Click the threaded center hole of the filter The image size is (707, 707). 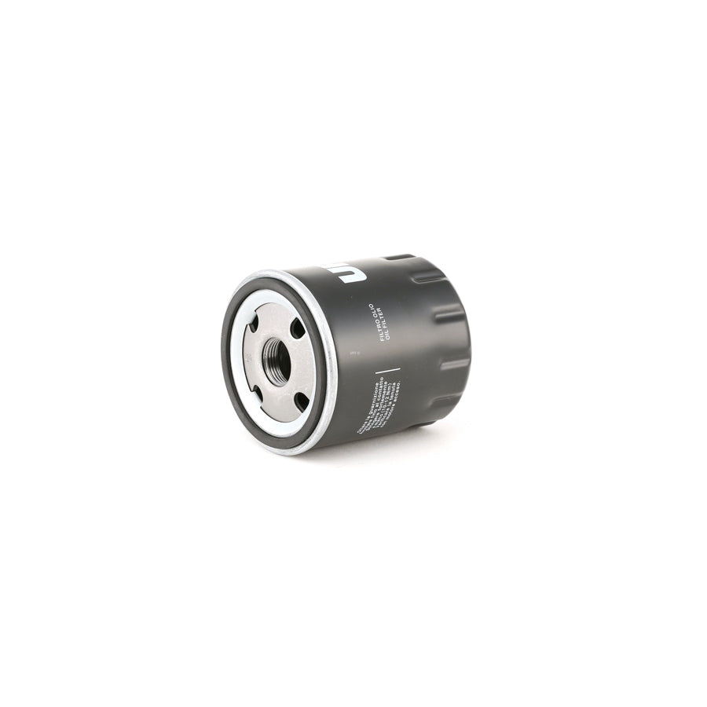277,363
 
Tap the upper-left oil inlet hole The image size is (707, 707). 254,322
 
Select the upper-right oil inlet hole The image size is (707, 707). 297,328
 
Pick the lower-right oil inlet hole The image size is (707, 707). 300,401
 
